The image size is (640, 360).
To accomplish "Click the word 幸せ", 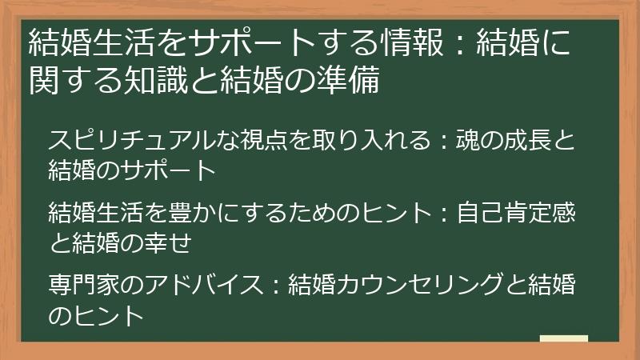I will (169, 242).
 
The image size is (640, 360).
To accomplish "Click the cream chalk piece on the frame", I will (563, 339).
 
